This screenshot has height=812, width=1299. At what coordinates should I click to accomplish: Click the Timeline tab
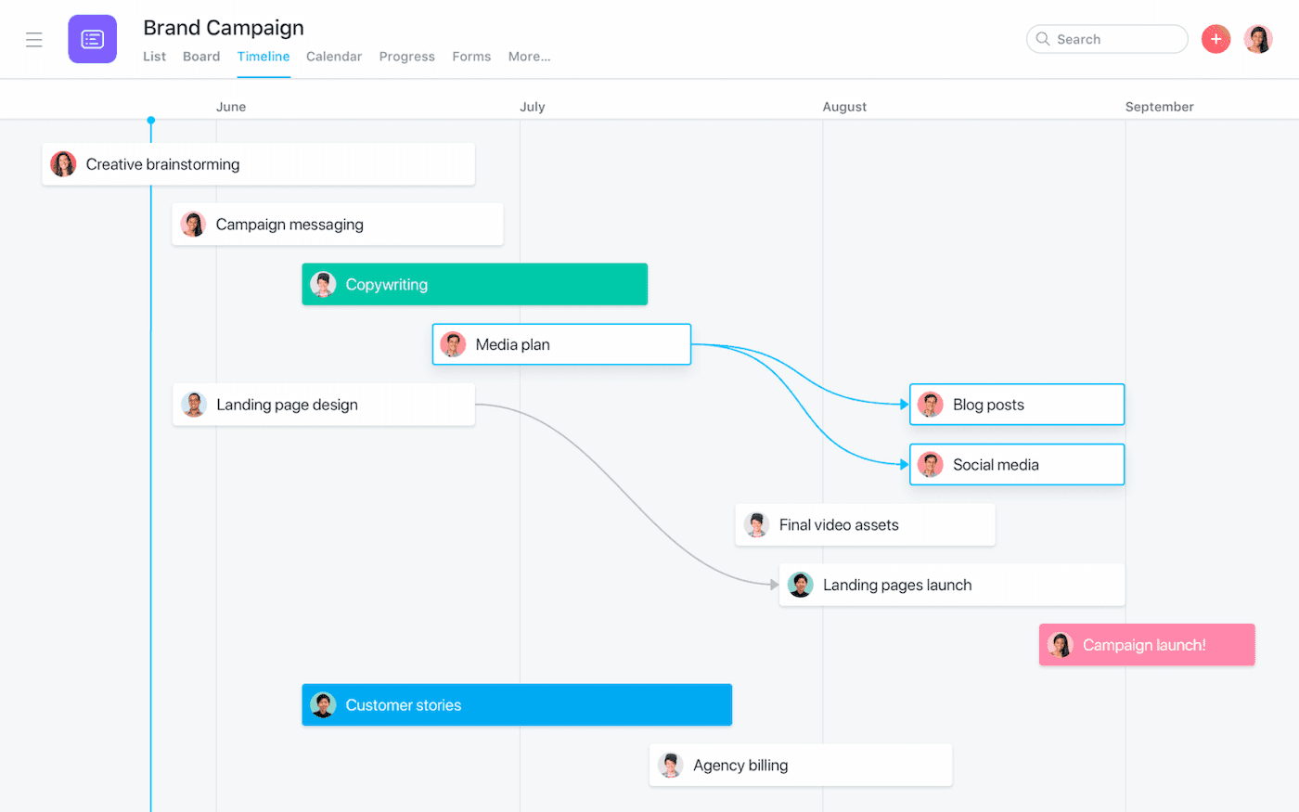point(264,57)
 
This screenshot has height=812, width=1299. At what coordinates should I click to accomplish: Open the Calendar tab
point(334,57)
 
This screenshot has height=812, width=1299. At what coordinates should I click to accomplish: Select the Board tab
point(201,57)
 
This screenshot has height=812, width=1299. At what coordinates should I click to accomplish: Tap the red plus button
point(1215,39)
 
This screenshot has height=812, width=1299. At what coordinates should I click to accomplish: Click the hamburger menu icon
point(34,40)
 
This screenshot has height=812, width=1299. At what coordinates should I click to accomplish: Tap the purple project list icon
point(93,39)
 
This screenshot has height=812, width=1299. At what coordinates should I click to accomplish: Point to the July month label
point(533,107)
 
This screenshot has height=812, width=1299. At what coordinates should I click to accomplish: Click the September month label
point(1159,107)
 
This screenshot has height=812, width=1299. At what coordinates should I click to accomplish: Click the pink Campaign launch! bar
point(1147,645)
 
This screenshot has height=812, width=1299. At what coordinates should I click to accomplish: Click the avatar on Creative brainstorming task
point(63,164)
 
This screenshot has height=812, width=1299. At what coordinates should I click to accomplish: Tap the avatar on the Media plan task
point(453,344)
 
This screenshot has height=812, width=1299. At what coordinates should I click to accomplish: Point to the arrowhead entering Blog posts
point(905,405)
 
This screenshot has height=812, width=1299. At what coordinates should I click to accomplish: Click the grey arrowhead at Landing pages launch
point(774,585)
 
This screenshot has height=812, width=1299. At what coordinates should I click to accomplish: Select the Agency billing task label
point(740,766)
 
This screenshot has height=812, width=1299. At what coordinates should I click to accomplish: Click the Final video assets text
point(839,525)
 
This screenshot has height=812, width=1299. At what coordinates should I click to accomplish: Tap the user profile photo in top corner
point(1258,39)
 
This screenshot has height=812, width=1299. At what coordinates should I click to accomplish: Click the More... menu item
point(529,57)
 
